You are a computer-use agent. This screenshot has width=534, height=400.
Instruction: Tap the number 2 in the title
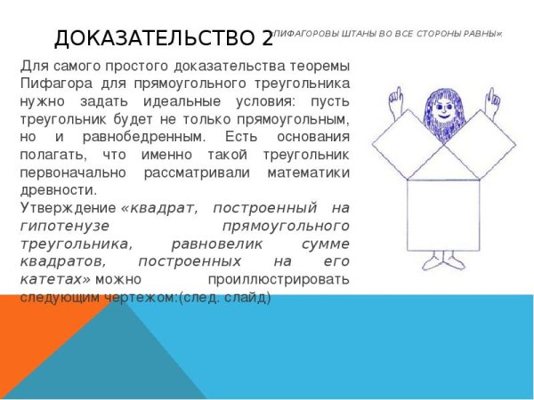pyautogui.click(x=267, y=38)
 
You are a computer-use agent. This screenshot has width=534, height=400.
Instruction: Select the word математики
pyautogui.click(x=303, y=172)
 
